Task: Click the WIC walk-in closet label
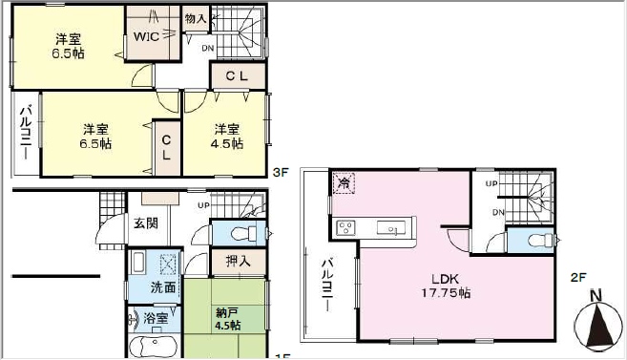point(146,37)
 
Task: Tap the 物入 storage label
point(196,18)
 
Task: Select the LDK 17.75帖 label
point(446,286)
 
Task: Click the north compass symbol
point(596,321)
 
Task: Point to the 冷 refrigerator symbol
point(344,183)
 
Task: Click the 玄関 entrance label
point(146,223)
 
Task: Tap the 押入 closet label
point(239,262)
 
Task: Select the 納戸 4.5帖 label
point(227,319)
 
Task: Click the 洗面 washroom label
point(163,287)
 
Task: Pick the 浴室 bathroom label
point(156,318)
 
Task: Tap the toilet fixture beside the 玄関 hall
point(244,233)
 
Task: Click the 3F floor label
point(281,173)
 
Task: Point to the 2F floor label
point(578,277)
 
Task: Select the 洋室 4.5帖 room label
point(227,137)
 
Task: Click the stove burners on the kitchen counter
point(345,228)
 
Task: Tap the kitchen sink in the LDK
point(391,228)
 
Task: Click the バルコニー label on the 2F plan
point(328,286)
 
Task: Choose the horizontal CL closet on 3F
point(237,76)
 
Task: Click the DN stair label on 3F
point(208,49)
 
